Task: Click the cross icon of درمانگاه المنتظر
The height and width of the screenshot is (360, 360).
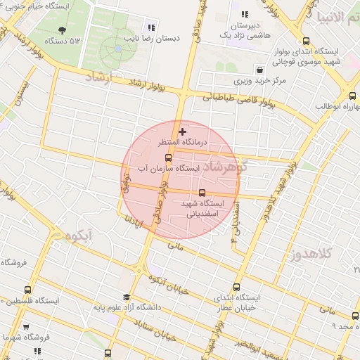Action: pyautogui.click(x=183, y=131)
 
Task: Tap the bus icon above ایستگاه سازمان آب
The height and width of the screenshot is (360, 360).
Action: pyautogui.click(x=167, y=157)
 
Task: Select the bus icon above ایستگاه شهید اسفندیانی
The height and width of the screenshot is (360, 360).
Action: pyautogui.click(x=202, y=192)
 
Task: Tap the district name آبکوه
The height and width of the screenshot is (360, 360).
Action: pyautogui.click(x=84, y=237)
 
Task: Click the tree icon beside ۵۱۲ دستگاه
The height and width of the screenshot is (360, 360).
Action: pyautogui.click(x=62, y=30)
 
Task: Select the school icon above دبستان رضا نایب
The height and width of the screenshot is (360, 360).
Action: pyautogui.click(x=151, y=27)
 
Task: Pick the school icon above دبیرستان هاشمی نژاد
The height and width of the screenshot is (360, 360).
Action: pyautogui.click(x=244, y=14)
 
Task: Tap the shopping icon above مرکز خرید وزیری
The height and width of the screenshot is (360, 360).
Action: pyautogui.click(x=260, y=70)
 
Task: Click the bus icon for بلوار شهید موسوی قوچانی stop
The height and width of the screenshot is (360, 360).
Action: pyautogui.click(x=305, y=41)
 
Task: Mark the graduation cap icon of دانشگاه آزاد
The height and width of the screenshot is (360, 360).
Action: pyautogui.click(x=127, y=297)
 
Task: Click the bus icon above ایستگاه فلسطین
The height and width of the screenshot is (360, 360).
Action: pyautogui.click(x=28, y=289)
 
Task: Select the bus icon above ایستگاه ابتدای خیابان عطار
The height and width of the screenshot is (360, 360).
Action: pyautogui.click(x=236, y=286)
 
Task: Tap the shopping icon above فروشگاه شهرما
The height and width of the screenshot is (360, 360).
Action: pyautogui.click(x=26, y=327)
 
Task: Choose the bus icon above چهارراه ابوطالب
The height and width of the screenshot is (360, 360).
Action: pyautogui.click(x=352, y=95)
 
